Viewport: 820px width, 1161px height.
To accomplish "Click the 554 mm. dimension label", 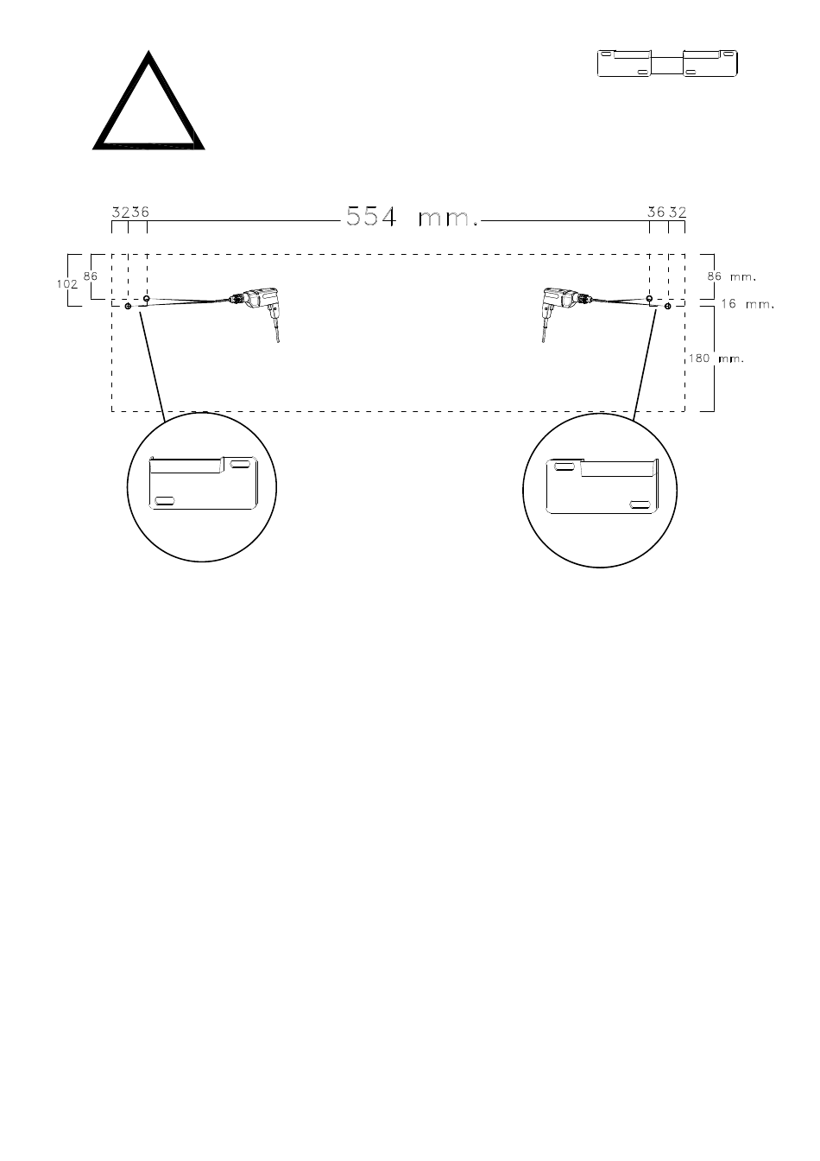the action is (412, 217).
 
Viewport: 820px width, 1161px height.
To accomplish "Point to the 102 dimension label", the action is (66, 284).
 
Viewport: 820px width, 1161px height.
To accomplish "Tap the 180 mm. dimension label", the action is (716, 358).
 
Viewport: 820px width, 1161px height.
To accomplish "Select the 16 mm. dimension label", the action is (747, 304).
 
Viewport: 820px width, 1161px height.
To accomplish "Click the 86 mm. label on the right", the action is (731, 276).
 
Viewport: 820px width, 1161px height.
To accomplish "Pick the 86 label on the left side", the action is (90, 276).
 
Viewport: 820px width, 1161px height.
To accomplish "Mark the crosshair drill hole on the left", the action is (128, 307).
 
